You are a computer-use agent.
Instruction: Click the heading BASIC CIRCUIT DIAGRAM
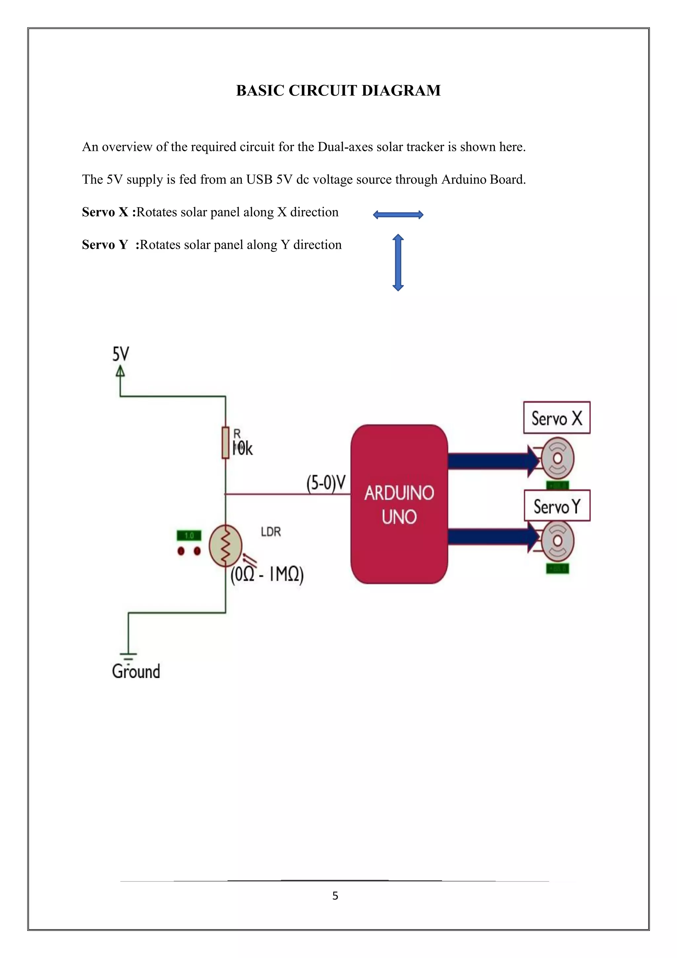(x=338, y=91)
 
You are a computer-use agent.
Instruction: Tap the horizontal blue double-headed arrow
(x=398, y=215)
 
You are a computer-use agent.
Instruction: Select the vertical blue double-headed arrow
(x=398, y=262)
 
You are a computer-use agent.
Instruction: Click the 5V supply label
(x=120, y=354)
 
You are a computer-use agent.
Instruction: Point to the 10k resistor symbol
(x=225, y=443)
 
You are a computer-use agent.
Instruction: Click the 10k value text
(x=243, y=449)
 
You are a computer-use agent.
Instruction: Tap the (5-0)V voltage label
(x=326, y=483)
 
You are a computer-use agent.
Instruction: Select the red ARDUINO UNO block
(x=399, y=504)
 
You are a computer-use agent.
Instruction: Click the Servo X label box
(x=557, y=418)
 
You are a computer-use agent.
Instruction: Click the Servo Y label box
(x=557, y=506)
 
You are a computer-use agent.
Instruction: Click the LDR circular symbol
(x=225, y=545)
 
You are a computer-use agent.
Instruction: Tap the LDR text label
(x=271, y=532)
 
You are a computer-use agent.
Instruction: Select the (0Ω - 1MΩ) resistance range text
(x=267, y=575)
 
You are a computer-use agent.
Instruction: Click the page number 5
(x=335, y=896)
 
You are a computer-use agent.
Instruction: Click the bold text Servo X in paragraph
(x=105, y=212)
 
